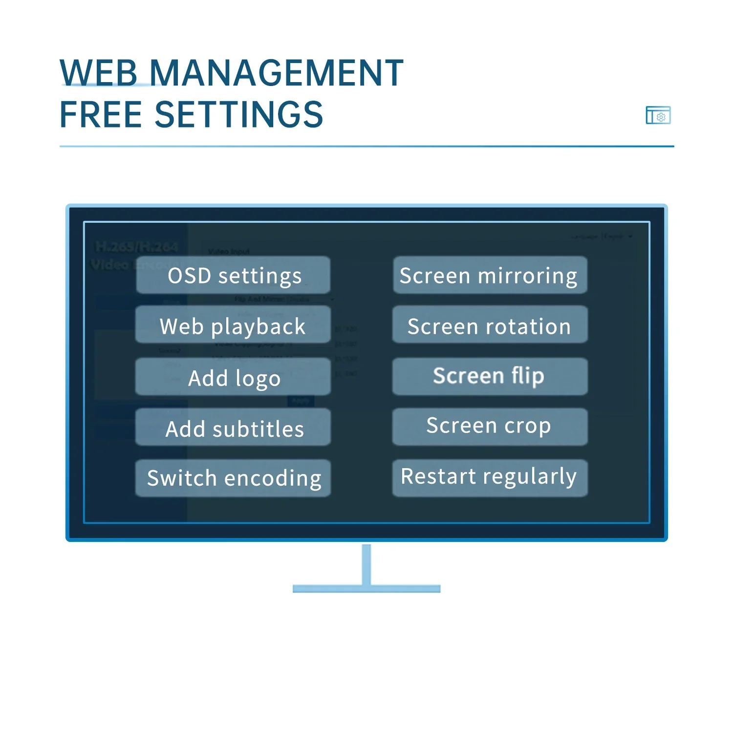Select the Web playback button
(233, 325)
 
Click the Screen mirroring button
(490, 275)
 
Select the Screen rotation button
(490, 325)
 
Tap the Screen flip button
(490, 376)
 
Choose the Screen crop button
(490, 427)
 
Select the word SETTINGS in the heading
(239, 114)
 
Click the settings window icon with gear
(658, 115)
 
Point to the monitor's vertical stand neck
(366, 564)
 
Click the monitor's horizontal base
(366, 589)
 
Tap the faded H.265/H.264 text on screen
(136, 247)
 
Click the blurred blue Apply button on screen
(301, 401)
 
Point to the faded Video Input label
(229, 252)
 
